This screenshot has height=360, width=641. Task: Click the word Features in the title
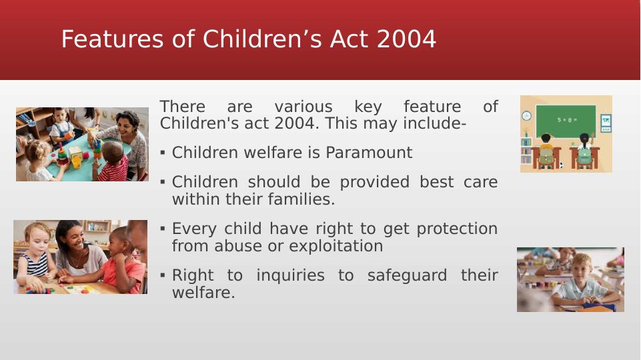113,39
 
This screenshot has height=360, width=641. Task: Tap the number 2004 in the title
406,39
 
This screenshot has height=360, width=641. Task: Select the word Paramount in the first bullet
369,153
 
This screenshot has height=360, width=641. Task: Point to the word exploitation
336,246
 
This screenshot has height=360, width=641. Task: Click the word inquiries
290,275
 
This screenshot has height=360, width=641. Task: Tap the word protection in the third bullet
457,229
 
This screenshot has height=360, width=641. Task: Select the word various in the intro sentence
303,107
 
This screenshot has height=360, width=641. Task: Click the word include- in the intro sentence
434,123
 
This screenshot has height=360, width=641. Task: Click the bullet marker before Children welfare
163,153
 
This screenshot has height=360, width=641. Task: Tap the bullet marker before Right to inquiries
163,275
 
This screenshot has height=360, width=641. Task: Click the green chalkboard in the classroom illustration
566,121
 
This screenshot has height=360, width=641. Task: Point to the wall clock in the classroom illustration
526,115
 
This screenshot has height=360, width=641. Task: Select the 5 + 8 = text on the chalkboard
567,120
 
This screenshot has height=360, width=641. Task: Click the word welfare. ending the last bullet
203,293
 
